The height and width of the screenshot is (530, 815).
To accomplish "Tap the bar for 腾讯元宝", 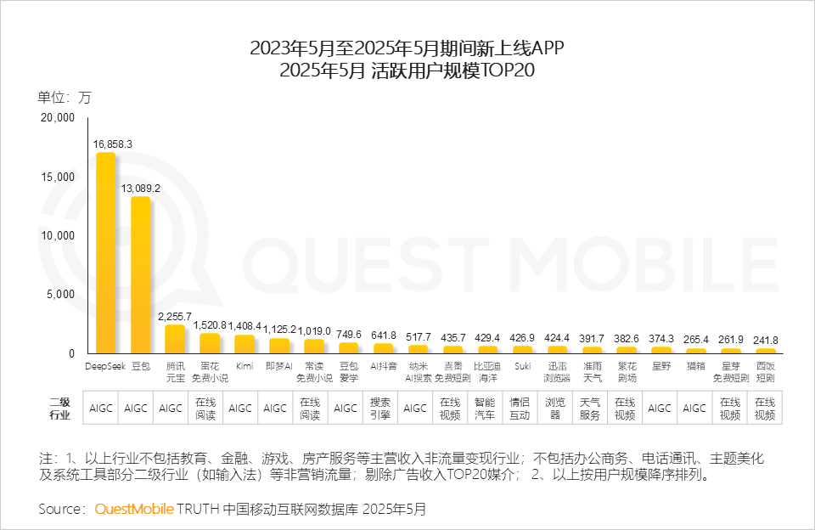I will pos(175,339).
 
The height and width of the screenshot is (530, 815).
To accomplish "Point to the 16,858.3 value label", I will pos(112,144).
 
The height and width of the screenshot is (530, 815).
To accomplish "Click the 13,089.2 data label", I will pos(140,188).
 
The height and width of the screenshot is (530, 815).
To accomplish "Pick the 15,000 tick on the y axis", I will pos(59,177).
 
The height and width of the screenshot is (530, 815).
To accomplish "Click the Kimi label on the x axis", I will pos(244,366).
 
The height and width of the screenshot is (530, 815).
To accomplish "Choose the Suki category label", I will pos(523,366).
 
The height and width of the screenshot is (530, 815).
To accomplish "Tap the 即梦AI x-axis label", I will pos(279,366).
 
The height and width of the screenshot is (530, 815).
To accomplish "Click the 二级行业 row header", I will pos(59,408).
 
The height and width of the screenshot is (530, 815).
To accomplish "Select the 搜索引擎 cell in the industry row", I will pos(379,408).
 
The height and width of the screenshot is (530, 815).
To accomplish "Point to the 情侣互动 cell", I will pos(519,408).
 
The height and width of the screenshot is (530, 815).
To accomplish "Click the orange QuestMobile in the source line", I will pos(133,509).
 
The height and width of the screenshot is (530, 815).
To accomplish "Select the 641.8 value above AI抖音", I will pos(383,335).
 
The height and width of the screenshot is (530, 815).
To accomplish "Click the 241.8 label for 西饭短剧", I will pos(766,340).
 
